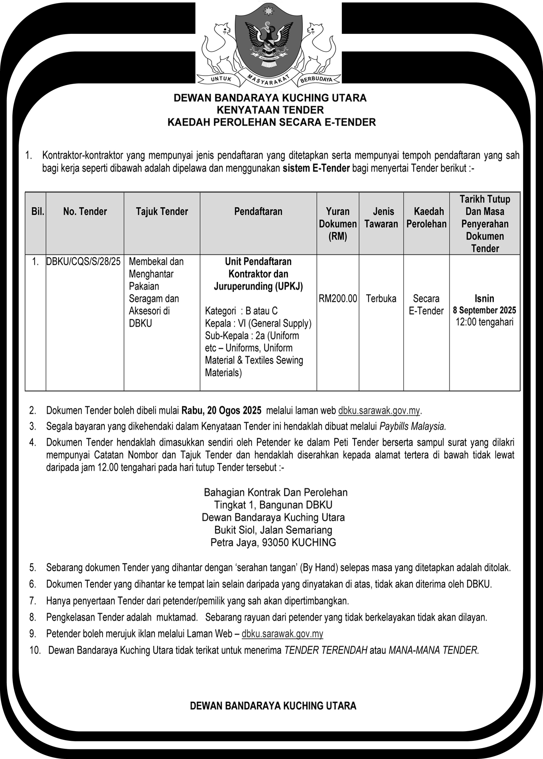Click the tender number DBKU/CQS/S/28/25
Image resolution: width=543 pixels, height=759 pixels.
(x=83, y=262)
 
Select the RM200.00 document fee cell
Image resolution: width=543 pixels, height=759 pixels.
(x=338, y=299)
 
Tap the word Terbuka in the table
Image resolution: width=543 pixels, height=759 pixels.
(x=381, y=299)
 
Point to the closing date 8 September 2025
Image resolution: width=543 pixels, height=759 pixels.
(x=484, y=310)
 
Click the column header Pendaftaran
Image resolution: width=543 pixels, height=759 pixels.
(x=258, y=212)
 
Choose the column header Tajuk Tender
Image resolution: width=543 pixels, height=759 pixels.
(x=162, y=212)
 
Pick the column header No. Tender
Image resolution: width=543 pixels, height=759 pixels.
(x=85, y=212)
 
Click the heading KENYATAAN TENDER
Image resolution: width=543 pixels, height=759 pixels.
(x=270, y=110)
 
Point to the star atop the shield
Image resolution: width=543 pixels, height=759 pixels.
(x=268, y=12)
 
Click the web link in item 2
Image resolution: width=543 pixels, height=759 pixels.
(x=379, y=411)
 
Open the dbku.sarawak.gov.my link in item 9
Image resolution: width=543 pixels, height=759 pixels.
(x=282, y=634)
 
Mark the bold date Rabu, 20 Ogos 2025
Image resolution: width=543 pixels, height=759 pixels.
(x=222, y=411)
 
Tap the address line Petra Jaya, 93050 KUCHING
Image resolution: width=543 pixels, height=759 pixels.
(x=273, y=543)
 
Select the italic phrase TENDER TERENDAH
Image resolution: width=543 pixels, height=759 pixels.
(x=326, y=650)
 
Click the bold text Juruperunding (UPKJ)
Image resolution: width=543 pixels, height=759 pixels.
(x=258, y=286)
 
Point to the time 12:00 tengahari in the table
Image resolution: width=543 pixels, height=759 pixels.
(x=484, y=322)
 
